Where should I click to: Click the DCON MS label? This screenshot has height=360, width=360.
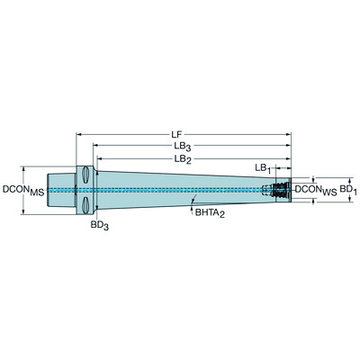(x=23, y=191)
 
